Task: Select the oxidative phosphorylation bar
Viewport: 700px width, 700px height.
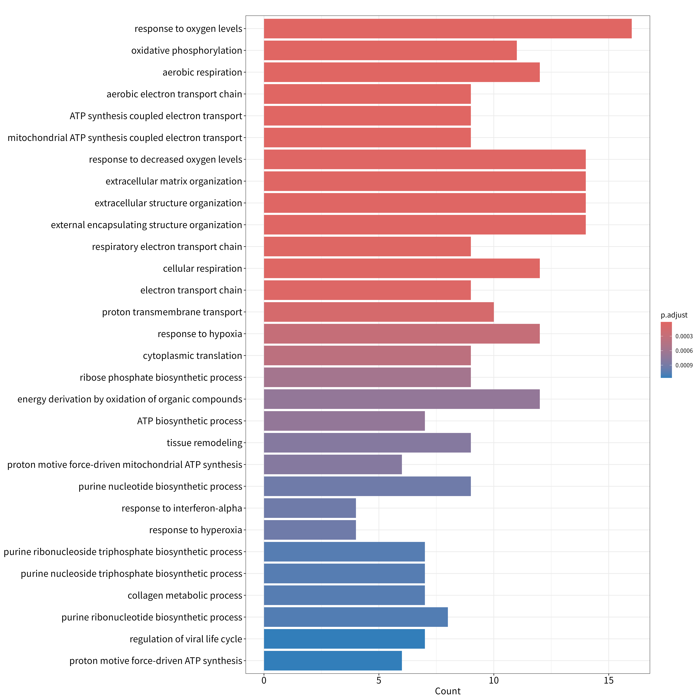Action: click(x=390, y=50)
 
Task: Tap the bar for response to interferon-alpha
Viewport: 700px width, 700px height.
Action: click(x=310, y=508)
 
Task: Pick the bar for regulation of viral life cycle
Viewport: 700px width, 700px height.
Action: click(x=344, y=639)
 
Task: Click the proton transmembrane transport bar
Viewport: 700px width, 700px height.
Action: click(x=379, y=312)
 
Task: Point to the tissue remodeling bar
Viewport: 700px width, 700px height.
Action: click(x=367, y=443)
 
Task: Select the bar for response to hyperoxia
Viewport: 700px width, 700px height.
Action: click(x=310, y=530)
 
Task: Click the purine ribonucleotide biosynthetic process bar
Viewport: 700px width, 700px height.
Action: click(x=356, y=617)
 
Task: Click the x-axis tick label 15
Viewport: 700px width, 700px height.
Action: click(x=609, y=680)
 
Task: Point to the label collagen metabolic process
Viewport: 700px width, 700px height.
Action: click(x=185, y=595)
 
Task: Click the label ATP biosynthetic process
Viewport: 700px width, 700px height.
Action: click(x=189, y=421)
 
